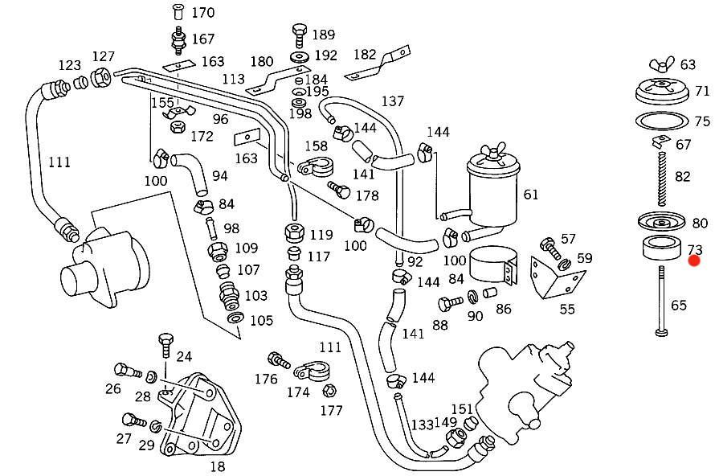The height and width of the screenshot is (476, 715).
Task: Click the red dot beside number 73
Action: [694, 261]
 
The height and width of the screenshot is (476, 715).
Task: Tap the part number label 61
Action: [531, 195]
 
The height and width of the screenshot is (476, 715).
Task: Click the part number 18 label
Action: [217, 466]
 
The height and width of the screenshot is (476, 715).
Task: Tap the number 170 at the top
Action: [202, 13]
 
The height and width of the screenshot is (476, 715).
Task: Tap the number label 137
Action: [393, 101]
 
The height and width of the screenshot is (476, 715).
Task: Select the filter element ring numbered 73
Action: [660, 248]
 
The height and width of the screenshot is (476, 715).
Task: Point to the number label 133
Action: [423, 424]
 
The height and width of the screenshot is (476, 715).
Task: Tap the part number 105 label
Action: [261, 321]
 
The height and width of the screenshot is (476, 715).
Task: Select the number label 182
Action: [365, 55]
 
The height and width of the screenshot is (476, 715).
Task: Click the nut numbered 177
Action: [328, 391]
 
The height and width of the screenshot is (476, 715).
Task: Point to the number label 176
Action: [266, 379]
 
